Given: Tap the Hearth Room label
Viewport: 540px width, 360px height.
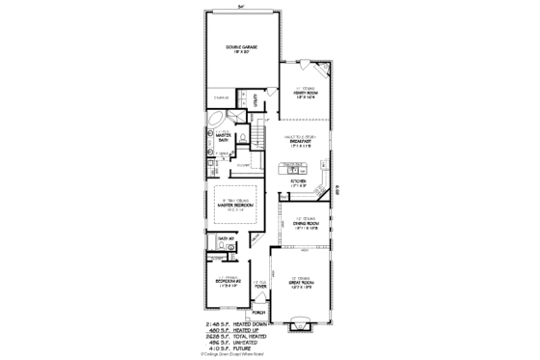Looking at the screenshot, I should pyautogui.click(x=307, y=94).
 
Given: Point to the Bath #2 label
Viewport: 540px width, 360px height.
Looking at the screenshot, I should pyautogui.click(x=227, y=238).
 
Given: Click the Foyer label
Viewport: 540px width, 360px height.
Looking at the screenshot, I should pyautogui.click(x=259, y=286).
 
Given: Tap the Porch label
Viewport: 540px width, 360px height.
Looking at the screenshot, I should pyautogui.click(x=258, y=314).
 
